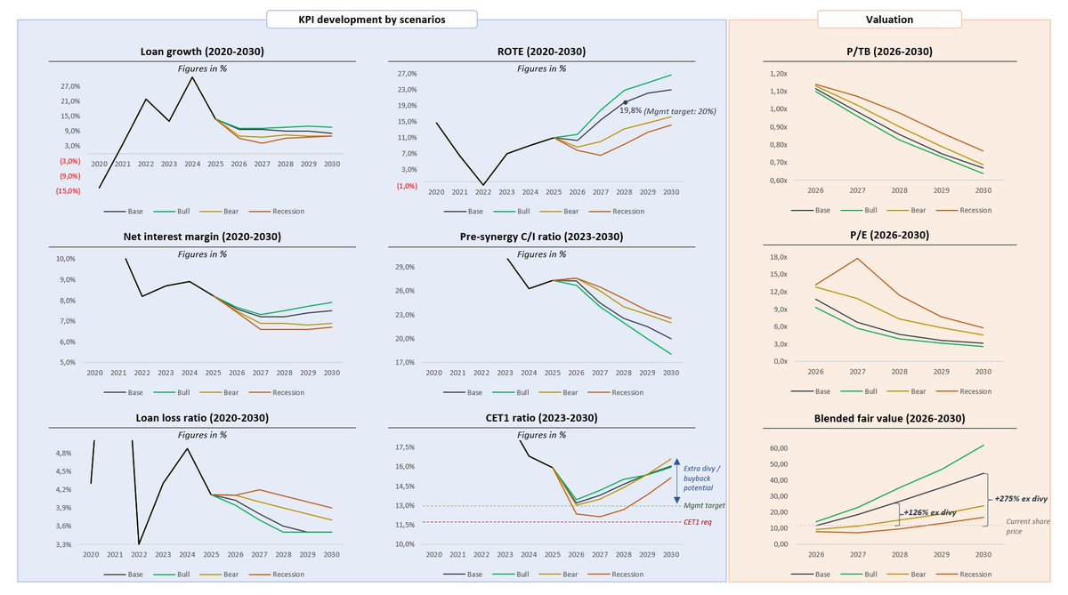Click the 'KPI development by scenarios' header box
click(371, 20)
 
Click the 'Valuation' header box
click(889, 20)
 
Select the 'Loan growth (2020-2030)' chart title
click(202, 52)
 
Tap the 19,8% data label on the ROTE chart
click(630, 110)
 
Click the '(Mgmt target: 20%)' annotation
click(680, 111)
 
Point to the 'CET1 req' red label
click(698, 522)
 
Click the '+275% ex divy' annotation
click(1021, 499)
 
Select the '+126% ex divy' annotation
click(930, 512)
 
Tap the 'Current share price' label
click(1027, 527)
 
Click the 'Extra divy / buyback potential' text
click(702, 478)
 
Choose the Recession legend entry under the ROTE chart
click(617, 211)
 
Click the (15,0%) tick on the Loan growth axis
click(69, 191)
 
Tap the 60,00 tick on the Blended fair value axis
click(779, 448)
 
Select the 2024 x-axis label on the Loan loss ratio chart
click(187, 554)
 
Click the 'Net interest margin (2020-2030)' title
click(202, 237)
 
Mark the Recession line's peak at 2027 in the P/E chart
click(857, 259)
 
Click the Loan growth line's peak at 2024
click(192, 77)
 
